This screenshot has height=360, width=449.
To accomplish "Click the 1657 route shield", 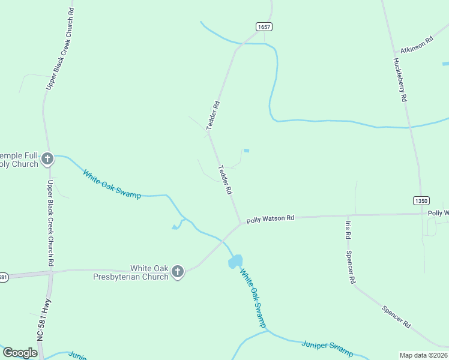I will click(x=264, y=27).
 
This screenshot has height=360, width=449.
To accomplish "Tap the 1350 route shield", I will click(x=421, y=200).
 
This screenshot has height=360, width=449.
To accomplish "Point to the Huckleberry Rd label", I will click(x=400, y=79).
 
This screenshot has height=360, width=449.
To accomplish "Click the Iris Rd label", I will click(x=348, y=230).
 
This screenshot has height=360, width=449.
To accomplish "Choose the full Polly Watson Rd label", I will click(x=270, y=219).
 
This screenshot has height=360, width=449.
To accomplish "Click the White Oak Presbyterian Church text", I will click(x=131, y=273).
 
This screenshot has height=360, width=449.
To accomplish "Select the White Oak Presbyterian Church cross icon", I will click(x=177, y=272).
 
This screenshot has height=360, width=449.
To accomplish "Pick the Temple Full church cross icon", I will click(x=47, y=159).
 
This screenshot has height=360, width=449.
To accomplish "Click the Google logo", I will click(x=20, y=353).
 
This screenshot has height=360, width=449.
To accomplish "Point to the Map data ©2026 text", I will click(x=423, y=355).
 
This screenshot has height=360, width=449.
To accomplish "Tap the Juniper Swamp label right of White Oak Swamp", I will click(x=327, y=348).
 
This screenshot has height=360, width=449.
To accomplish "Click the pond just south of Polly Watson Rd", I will click(x=235, y=262).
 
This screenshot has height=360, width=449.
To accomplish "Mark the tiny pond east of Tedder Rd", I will click(x=246, y=150).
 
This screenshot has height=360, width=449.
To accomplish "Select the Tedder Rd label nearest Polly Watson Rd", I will click(x=225, y=179).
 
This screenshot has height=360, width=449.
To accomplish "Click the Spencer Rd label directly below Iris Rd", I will click(x=351, y=267).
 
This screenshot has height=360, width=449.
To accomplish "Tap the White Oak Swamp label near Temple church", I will click(x=112, y=185).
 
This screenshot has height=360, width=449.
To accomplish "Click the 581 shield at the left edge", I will click(x=3, y=277).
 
